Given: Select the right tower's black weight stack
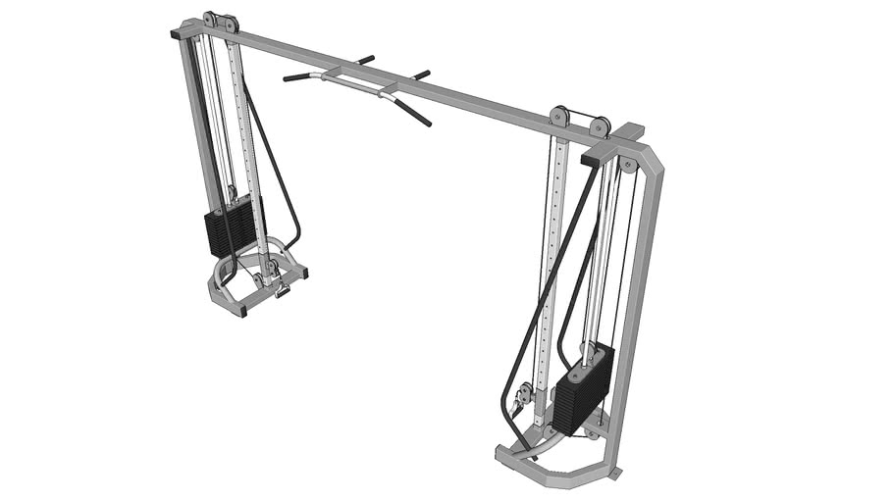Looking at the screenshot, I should pyautogui.click(x=583, y=388).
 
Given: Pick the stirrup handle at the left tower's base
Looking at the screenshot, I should pyautogui.click(x=282, y=288).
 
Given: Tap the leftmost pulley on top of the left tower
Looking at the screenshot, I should pyautogui.click(x=210, y=21).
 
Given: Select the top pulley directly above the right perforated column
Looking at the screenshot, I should pyautogui.click(x=560, y=116).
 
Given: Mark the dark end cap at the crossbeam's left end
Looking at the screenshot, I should pyautogui.click(x=177, y=34).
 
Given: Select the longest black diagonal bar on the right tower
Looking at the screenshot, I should pyautogui.click(x=550, y=294).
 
